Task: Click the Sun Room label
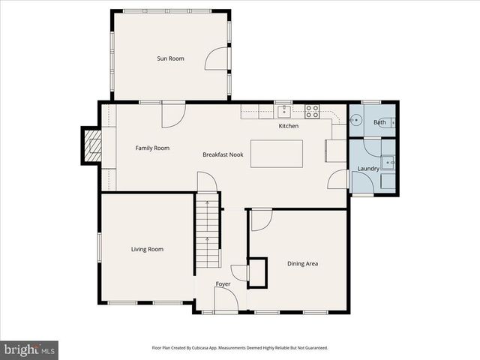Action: click(170, 58)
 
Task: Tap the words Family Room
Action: click(152, 148)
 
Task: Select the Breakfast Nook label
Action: click(222, 154)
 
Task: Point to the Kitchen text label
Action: click(289, 126)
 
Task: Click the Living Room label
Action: click(147, 249)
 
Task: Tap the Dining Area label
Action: click(303, 263)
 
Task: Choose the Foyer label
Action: click(223, 284)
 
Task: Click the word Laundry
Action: click(367, 169)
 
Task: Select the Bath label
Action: click(379, 122)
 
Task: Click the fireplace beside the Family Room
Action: click(93, 145)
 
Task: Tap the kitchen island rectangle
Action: click(276, 153)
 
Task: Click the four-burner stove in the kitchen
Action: click(312, 112)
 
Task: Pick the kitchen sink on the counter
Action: click(284, 112)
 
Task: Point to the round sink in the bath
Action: click(358, 120)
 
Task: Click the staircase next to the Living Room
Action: click(208, 230)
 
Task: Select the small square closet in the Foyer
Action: click(258, 272)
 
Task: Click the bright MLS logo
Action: click(29, 349)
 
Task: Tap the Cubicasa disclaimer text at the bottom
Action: click(240, 348)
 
